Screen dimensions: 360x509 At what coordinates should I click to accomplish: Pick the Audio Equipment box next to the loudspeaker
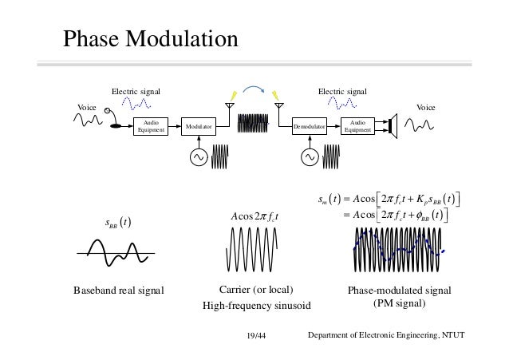tap(357, 126)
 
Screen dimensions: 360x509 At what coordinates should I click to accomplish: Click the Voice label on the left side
tap(85, 106)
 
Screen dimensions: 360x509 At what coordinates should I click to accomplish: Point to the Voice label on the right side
tap(424, 106)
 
